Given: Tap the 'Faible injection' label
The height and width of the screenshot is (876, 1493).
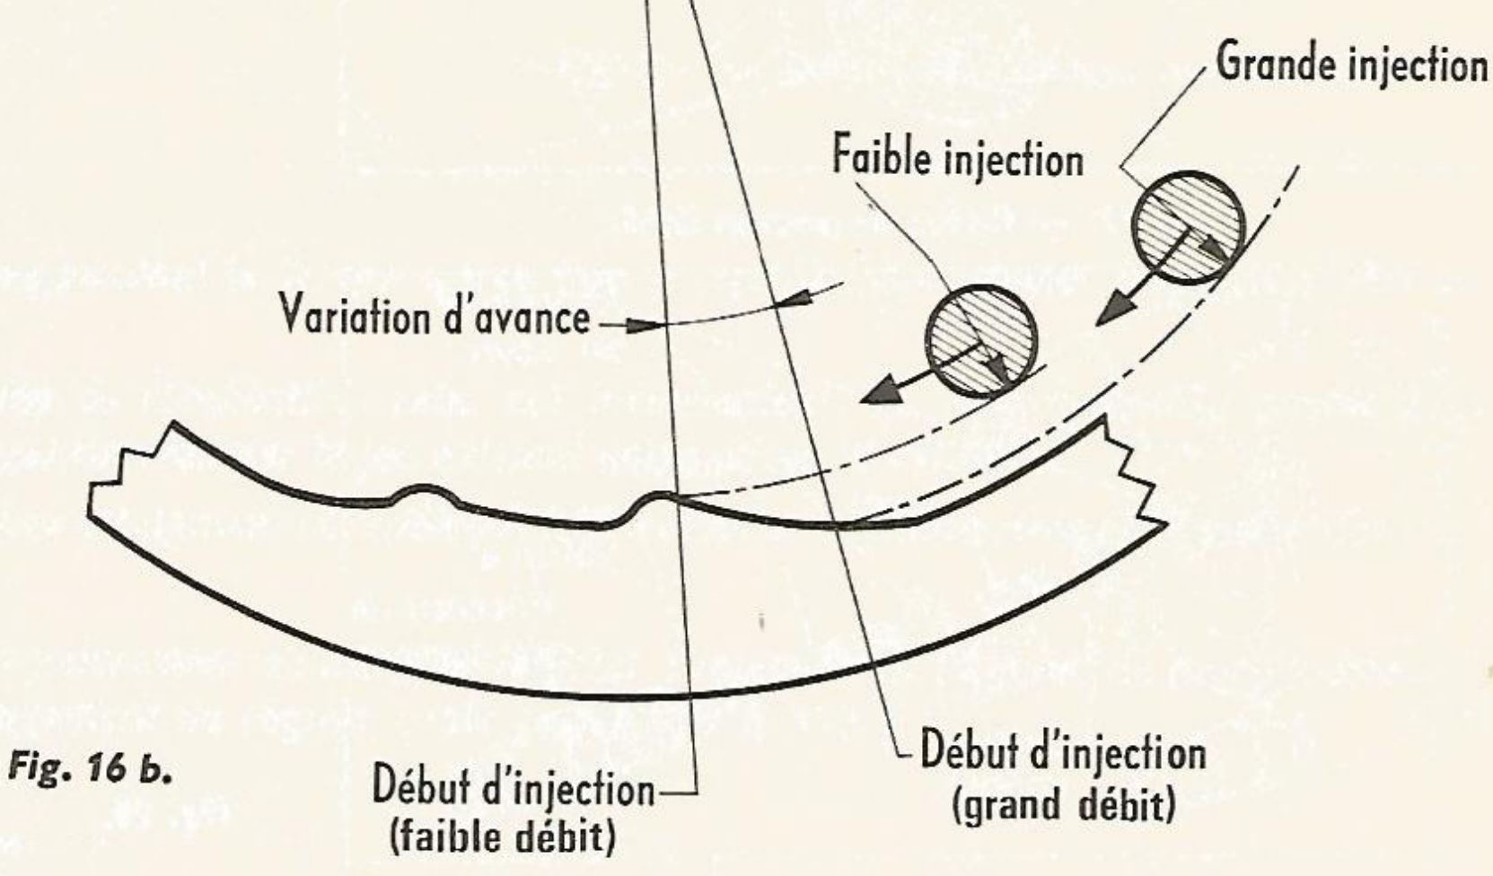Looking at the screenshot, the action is (959, 159).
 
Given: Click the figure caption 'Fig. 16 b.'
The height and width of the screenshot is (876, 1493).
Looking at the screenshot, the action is (90, 769).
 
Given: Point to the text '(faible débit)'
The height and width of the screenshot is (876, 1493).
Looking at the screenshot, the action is (502, 837).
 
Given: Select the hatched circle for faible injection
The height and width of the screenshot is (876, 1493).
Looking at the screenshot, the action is (980, 341).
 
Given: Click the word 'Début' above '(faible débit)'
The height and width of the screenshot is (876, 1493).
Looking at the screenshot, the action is (420, 786).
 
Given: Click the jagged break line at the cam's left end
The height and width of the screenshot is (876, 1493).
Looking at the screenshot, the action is (130, 469).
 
